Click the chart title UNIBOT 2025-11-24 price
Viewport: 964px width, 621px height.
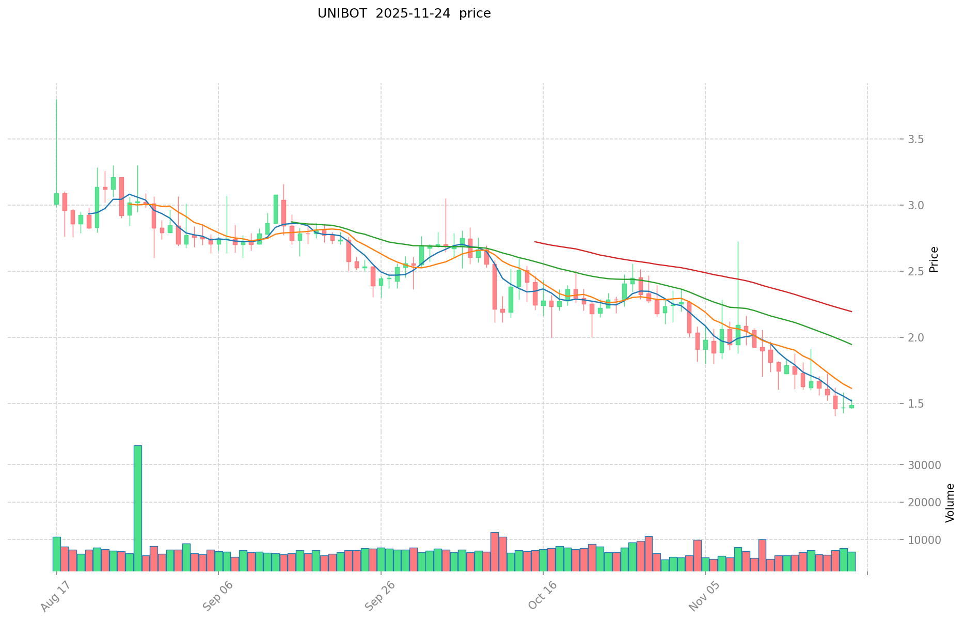pos(404,13)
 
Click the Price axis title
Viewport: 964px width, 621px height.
pos(934,259)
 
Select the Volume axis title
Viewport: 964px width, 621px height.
pos(950,503)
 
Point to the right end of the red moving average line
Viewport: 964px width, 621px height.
pos(851,312)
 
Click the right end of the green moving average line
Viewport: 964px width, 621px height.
pos(851,345)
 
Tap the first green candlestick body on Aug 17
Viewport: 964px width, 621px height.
pos(56,199)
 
